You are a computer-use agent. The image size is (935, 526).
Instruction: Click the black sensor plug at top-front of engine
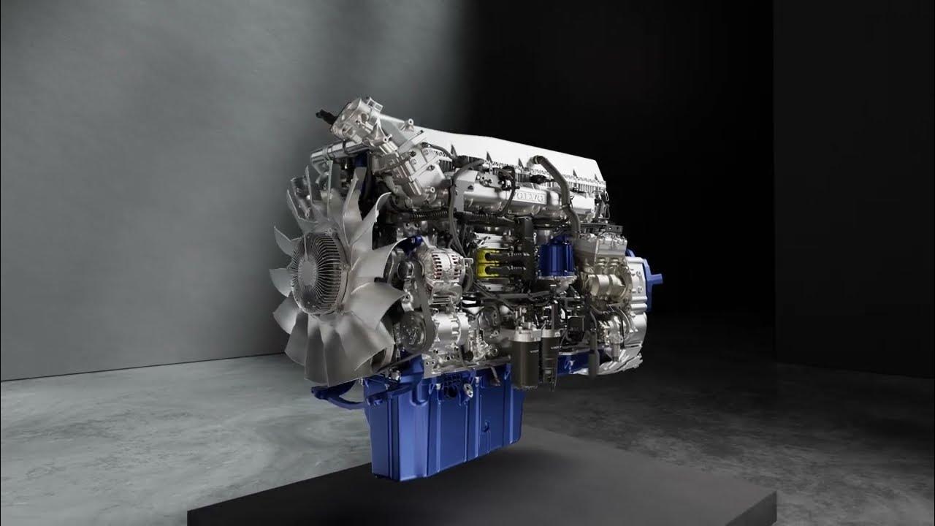(x=321, y=115)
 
